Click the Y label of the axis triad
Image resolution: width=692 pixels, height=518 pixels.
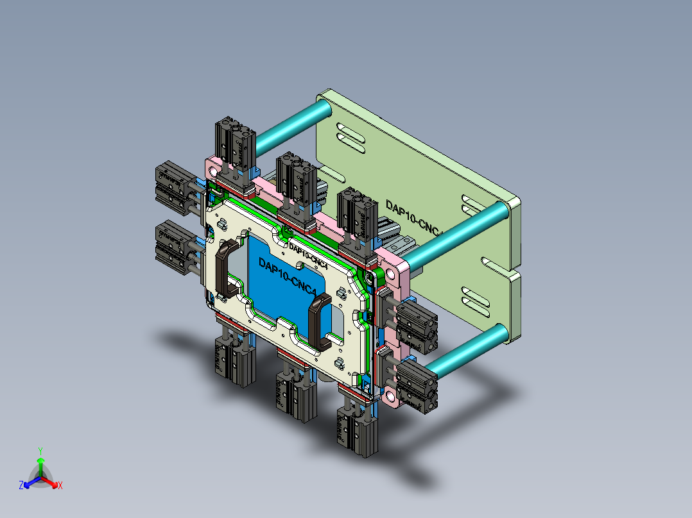40,451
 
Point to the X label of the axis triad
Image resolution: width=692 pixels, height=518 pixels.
60,486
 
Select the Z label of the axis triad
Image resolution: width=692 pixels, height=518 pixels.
21,486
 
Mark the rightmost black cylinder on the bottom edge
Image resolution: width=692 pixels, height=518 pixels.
355,430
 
